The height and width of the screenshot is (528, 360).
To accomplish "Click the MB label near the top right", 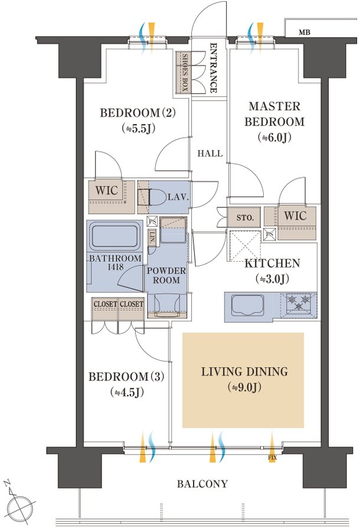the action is coord(304,32).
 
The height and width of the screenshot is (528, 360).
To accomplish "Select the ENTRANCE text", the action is coord(213,68).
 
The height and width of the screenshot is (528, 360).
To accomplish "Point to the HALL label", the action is coord(210,154).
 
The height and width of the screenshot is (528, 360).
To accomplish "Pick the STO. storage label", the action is coord(245,217).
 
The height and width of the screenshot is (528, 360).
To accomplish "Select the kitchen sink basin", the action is coord(248,305).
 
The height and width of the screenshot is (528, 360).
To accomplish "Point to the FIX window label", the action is coord(272,458).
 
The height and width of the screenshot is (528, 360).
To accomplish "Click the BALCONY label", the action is coord(202,484).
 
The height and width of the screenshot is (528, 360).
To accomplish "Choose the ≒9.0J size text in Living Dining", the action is coord(244,387).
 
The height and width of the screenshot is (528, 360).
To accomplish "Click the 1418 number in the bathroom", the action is coord(116,267).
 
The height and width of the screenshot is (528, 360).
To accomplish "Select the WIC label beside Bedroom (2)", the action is coord(107,190).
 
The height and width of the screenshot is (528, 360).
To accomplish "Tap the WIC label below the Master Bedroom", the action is coord(295,216).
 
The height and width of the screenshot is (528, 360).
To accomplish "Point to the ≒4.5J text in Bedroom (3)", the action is coord(127,392).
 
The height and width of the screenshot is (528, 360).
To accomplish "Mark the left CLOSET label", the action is coord(105,304).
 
